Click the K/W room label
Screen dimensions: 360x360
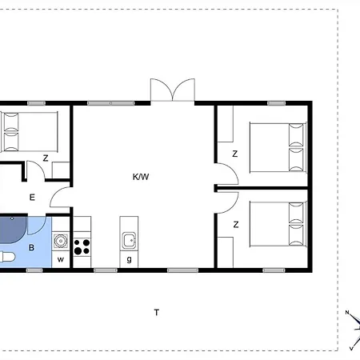coord(141,177)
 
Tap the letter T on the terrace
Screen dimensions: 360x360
coord(157,312)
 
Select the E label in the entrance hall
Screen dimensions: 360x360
coord(32,198)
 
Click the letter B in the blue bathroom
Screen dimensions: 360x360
coord(31,247)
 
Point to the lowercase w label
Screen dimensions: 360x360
coord(61,259)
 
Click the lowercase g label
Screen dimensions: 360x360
coord(129,259)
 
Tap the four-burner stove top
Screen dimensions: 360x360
coord(82,247)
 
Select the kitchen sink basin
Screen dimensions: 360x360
coord(129,240)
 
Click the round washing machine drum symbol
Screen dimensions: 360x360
coord(61,241)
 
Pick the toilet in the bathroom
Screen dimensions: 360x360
coord(7,257)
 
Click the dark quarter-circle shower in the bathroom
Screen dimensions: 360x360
coord(13,230)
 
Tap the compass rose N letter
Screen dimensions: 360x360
coord(347,312)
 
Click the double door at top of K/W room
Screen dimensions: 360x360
coord(173,90)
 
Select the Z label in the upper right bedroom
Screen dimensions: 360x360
coord(234,154)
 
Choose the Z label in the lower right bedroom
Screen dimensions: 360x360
coord(236,225)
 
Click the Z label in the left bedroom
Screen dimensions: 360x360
coord(46,158)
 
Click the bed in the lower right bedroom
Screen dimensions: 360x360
coord(278,224)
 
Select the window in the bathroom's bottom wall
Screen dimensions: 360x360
coord(34,270)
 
